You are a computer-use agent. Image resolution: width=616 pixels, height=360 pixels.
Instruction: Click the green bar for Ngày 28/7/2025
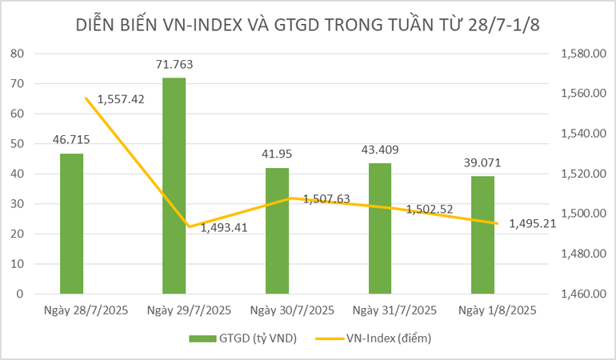(71, 223)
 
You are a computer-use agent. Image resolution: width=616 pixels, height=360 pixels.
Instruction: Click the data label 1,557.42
(121, 99)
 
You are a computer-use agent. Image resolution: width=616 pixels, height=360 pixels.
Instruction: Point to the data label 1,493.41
(224, 227)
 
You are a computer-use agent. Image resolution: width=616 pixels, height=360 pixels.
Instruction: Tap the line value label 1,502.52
(430, 210)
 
